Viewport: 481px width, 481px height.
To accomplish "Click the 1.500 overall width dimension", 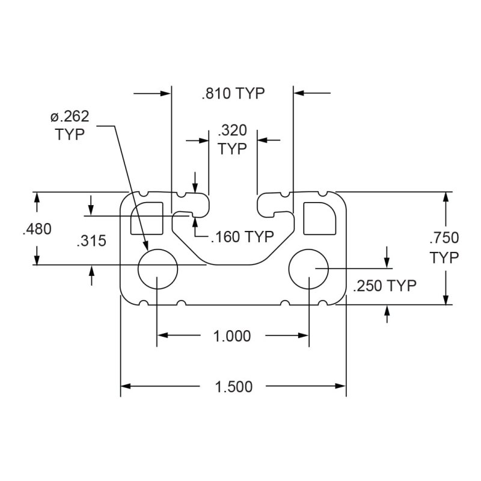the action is coord(234,387).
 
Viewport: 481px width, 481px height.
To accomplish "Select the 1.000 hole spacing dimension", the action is coord(232,336).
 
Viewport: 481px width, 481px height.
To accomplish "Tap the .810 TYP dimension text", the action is coord(233,93).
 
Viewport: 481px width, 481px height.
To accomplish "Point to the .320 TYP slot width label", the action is coord(232,139).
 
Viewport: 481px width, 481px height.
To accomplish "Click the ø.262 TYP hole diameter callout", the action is coord(70,126).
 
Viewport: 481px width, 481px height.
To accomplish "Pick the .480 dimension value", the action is coord(37,229).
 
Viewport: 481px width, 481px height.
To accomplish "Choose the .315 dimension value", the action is coord(91,240).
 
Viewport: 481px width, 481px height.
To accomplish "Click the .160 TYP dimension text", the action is coord(242,236).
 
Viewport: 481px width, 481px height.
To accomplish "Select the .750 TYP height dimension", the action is coord(444,248).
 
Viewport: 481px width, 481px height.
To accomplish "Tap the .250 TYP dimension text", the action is coord(385,286).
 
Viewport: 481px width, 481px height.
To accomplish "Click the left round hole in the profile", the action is coord(158,269).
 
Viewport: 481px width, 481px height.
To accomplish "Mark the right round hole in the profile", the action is coord(308,269).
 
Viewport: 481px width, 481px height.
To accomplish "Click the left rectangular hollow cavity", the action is coord(147,218).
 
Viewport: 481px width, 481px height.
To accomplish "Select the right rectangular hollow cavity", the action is coord(320,218).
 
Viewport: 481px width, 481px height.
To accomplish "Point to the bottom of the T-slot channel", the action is coord(233,264).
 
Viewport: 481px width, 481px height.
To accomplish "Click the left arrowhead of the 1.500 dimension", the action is coord(126,386).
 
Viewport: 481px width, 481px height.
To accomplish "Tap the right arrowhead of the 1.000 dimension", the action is coord(304,335).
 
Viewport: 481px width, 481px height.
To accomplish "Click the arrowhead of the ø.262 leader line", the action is coord(146,245).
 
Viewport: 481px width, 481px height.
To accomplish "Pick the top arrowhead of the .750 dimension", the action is coord(446,197).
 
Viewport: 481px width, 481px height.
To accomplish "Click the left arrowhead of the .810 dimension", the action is coord(166,93).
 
